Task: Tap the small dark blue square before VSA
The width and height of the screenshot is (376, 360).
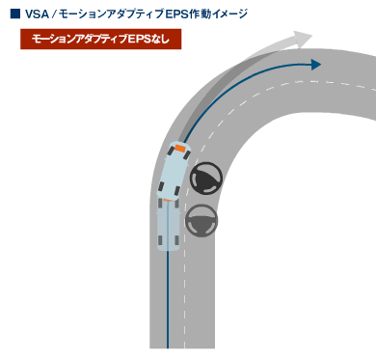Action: pos(14,14)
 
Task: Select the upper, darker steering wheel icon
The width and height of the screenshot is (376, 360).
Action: pos(206,179)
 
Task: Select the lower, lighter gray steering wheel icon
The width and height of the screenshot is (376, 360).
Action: pos(201,220)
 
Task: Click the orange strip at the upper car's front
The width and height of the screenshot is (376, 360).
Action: pos(179,150)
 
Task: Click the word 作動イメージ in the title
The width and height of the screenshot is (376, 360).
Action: pos(217,14)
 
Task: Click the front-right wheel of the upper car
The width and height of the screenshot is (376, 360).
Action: pos(191,161)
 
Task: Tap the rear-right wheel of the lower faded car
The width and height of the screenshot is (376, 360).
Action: pos(180,235)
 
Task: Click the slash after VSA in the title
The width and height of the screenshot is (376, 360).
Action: pos(56,14)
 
